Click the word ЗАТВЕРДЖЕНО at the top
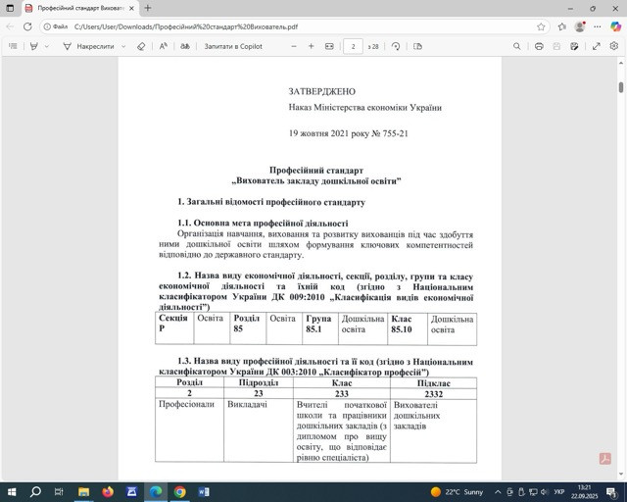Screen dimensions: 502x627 (321, 90)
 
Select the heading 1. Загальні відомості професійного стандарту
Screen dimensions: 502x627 (271, 202)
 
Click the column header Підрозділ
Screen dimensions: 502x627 (258, 382)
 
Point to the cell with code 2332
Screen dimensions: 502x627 (434, 393)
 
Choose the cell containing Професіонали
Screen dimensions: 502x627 (187, 404)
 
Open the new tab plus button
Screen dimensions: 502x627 (148, 8)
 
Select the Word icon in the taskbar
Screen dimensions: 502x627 (204, 491)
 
